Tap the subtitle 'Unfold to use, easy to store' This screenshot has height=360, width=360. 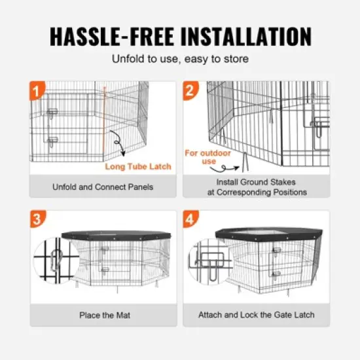coord(179,59)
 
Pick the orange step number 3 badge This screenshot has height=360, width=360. coord(37,219)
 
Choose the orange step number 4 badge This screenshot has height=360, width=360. coord(191,219)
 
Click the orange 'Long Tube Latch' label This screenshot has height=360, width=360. coord(138,166)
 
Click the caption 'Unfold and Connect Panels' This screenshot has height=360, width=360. coord(103,187)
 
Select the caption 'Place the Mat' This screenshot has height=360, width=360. coord(104,315)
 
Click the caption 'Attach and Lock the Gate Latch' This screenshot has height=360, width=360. coord(256,315)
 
